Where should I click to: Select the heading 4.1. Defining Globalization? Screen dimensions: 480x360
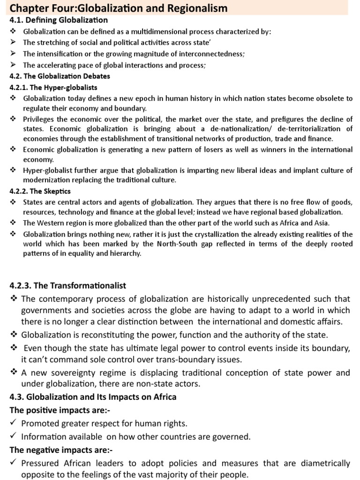[x=59, y=20]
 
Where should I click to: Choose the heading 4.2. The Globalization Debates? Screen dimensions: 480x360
[x=60, y=76]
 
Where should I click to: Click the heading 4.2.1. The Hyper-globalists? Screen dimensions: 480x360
[x=53, y=87]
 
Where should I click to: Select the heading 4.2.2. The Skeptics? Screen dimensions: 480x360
[x=40, y=191]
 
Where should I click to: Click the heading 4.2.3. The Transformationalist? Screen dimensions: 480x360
[x=68, y=285]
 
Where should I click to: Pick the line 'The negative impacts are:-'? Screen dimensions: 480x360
[x=58, y=450]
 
